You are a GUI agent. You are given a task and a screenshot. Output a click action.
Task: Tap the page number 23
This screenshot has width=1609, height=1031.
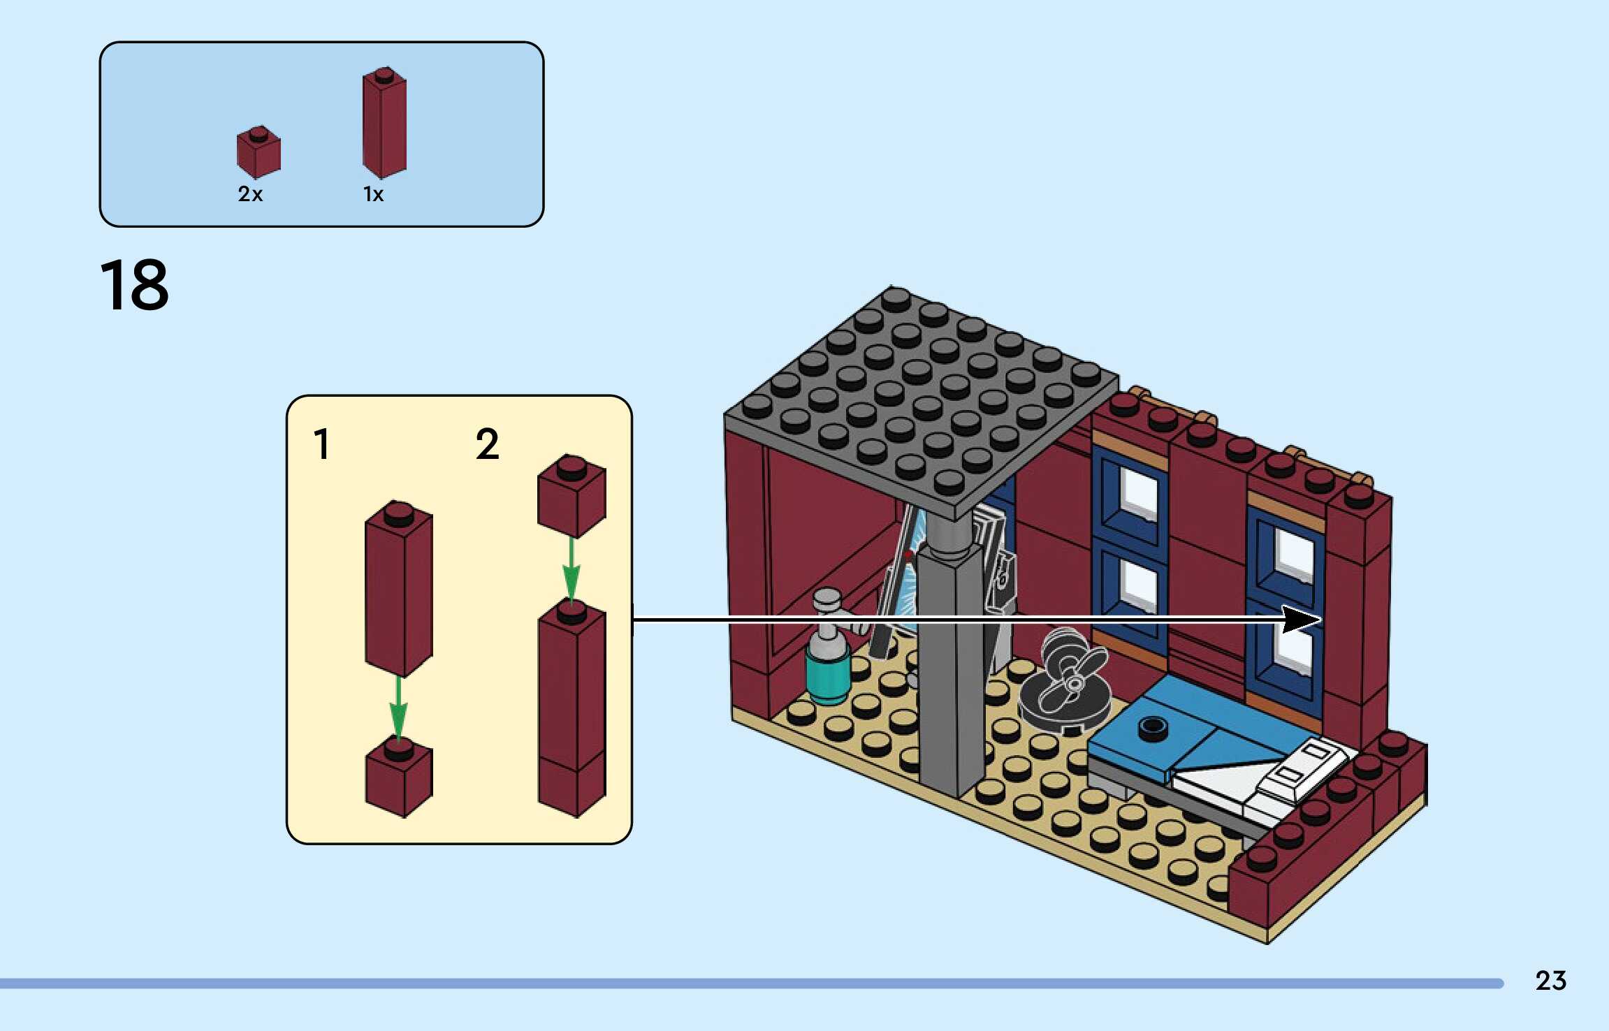pos(1550,981)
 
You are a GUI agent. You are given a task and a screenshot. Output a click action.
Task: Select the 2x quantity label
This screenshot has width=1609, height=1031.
pos(250,193)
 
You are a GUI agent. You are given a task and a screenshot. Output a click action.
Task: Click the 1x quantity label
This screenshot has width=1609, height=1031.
pos(373,193)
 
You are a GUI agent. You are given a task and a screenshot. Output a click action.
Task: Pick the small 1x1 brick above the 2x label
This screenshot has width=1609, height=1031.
pos(259,152)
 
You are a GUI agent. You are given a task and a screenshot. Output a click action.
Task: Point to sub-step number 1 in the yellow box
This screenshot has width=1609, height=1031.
pos(321,444)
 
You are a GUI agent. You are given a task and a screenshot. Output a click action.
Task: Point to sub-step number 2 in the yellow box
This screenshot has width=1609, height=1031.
pos(487,444)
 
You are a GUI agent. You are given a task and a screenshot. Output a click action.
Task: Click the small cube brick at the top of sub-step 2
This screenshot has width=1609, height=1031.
pos(571,495)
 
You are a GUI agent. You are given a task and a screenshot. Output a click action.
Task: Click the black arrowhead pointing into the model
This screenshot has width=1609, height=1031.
pos(1301,619)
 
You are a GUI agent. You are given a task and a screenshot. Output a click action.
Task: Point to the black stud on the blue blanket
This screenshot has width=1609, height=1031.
pos(1153,728)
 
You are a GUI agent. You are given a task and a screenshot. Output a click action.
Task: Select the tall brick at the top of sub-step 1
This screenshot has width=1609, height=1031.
pos(399,587)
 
